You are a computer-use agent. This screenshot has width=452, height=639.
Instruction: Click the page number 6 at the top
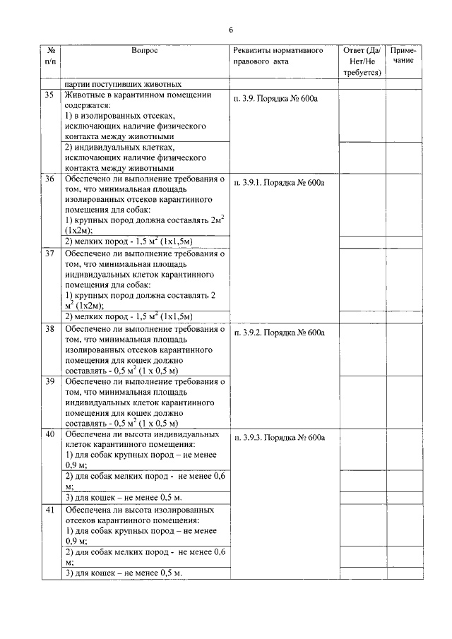[x=231, y=30]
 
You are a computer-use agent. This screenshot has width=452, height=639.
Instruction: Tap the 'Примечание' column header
[x=404, y=56]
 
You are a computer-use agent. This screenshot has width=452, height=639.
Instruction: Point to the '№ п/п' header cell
[x=52, y=56]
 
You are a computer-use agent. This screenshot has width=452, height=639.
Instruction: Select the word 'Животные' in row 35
[x=85, y=95]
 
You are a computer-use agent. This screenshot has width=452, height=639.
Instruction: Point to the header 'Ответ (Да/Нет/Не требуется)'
[x=362, y=61]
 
